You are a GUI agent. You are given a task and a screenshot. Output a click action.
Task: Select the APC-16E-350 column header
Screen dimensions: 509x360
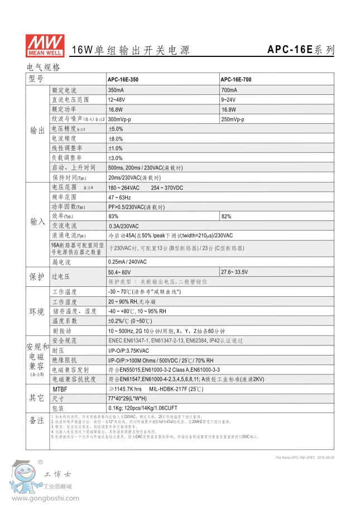pos(123,80)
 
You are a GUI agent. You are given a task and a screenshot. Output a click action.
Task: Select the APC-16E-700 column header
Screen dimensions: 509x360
pos(236,80)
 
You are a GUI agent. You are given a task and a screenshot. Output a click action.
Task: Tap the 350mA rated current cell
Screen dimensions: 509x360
pos(116,90)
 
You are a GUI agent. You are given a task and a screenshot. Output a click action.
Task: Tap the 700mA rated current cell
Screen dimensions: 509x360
pos(229,90)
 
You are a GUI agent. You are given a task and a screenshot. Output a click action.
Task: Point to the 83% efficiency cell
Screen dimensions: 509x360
pos(113,216)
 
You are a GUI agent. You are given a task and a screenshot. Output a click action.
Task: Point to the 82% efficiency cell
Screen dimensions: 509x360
pos(226,216)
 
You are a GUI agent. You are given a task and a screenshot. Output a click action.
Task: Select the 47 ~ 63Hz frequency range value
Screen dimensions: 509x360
pos(119,197)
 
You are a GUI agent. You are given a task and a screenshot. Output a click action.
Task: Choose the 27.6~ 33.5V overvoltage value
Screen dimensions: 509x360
pos(236,272)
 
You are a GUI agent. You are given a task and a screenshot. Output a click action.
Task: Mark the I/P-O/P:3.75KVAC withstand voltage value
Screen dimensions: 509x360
pos(128,350)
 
